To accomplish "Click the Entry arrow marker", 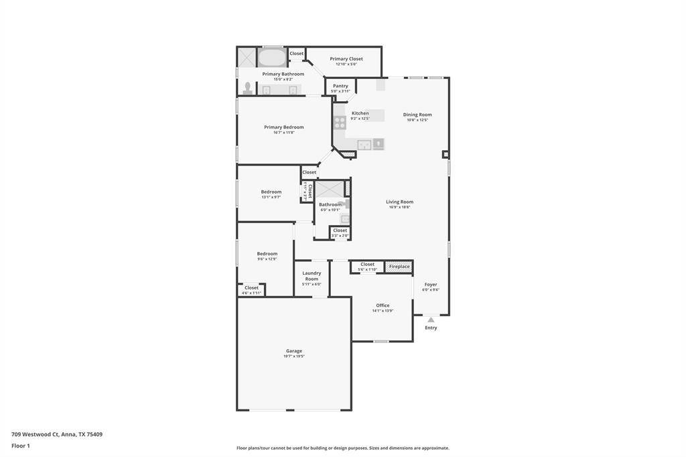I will click(431, 320).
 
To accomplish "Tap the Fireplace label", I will click(399, 267).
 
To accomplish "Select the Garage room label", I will click(294, 351).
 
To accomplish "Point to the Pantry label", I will click(340, 86).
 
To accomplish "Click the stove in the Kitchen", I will click(340, 123).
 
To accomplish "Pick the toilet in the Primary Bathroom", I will click(248, 88).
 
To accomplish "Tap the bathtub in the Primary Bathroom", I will click(272, 58).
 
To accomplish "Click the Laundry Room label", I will click(312, 275).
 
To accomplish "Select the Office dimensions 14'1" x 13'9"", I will click(383, 311).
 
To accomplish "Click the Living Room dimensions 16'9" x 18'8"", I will click(399, 207).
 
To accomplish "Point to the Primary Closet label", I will click(346, 59).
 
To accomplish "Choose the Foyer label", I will click(431, 284).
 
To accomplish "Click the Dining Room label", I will click(417, 115).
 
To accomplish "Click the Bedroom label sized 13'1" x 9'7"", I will click(271, 192).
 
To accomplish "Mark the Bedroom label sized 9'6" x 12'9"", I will click(267, 253).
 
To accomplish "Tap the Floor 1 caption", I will click(21, 446).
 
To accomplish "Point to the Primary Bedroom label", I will click(283, 127).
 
